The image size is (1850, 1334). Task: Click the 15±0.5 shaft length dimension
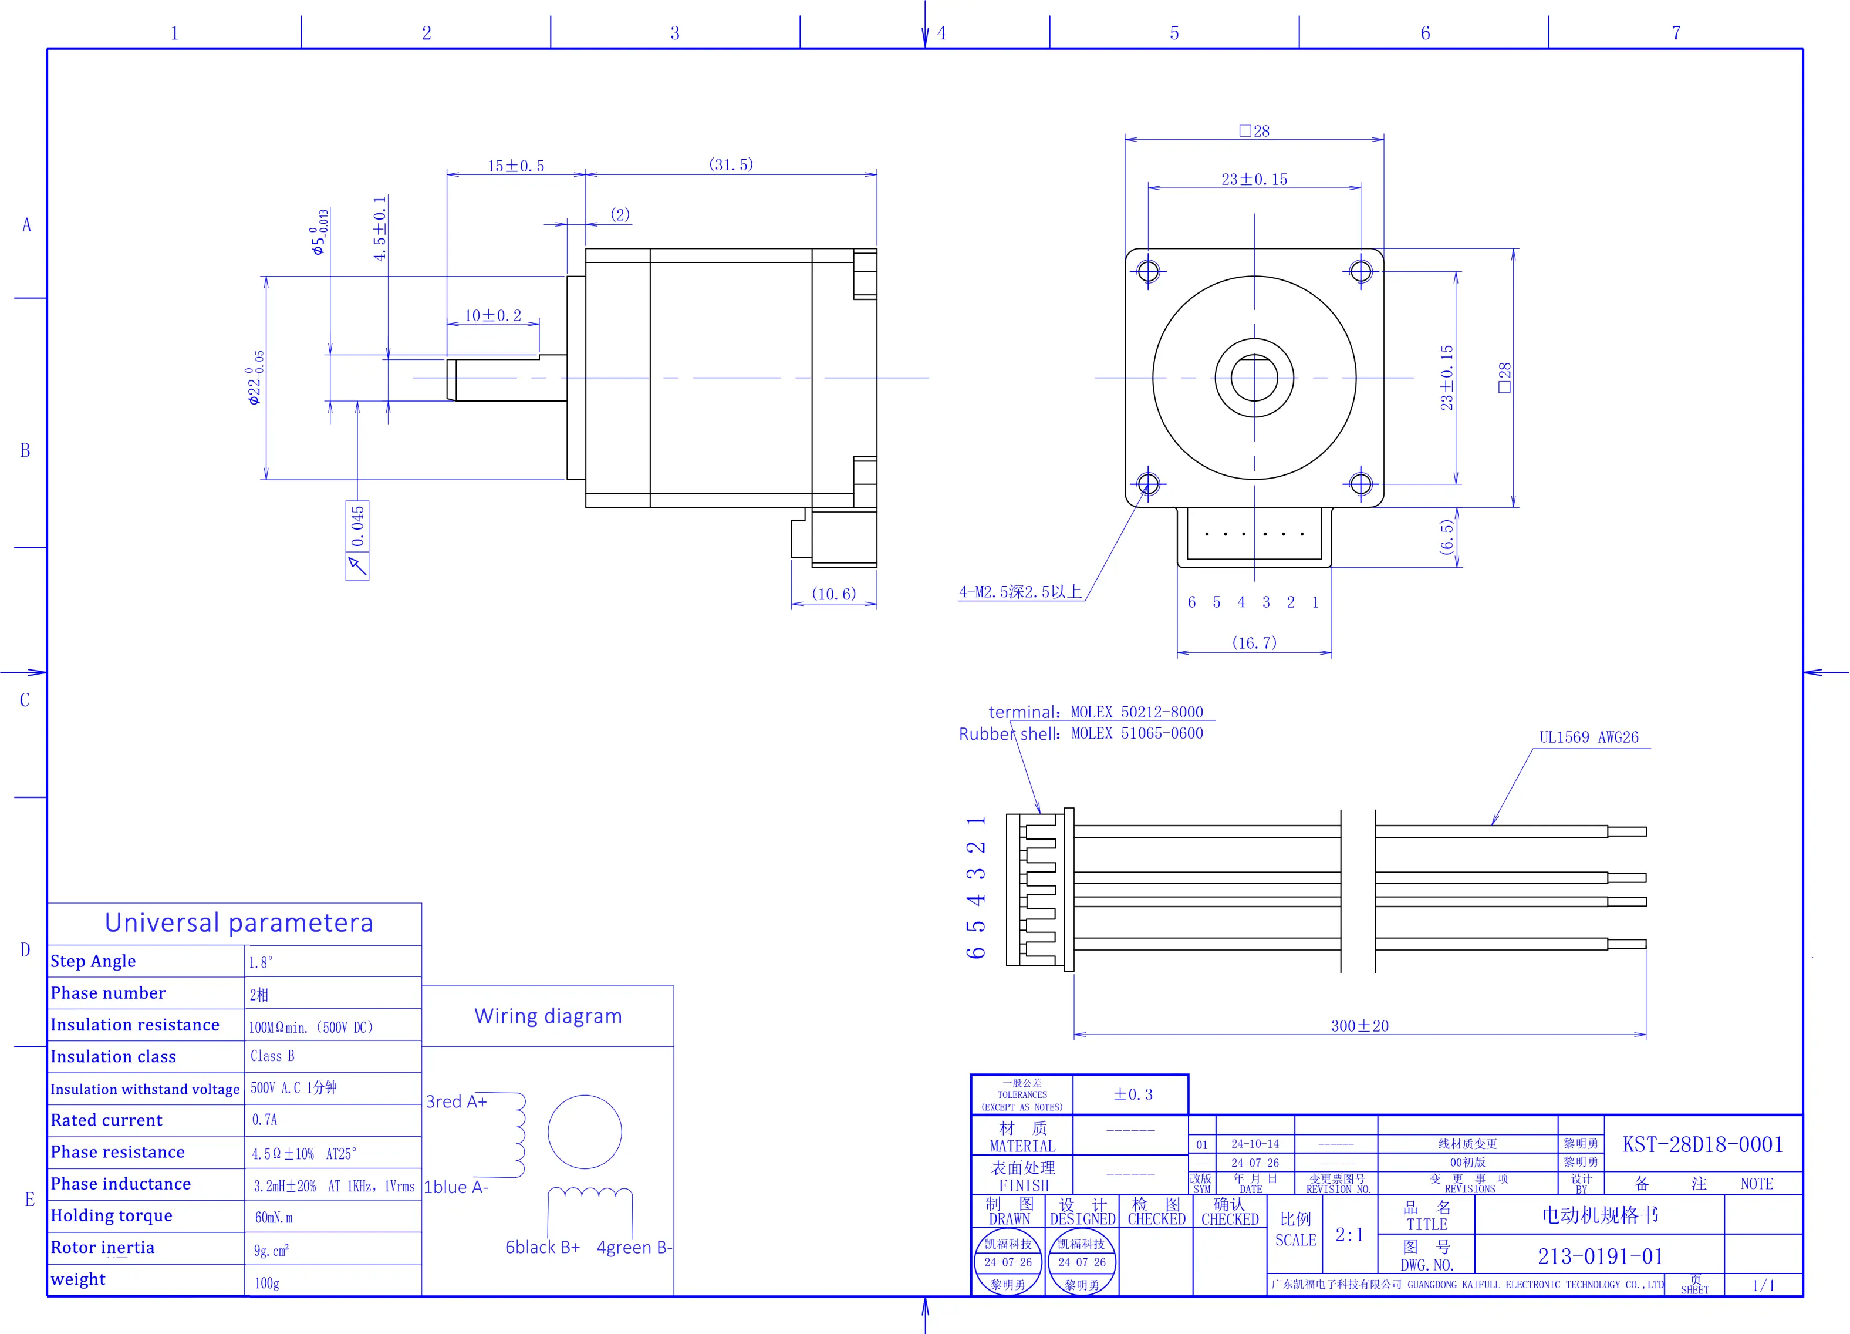(x=515, y=166)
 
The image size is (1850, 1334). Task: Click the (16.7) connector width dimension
(x=1254, y=643)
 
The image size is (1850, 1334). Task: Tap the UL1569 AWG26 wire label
(x=1588, y=737)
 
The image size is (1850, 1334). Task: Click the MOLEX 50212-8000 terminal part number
(x=1136, y=712)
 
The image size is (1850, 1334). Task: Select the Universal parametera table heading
(x=239, y=923)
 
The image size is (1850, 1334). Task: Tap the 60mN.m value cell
(x=274, y=1217)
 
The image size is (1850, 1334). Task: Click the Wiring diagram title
(x=548, y=1016)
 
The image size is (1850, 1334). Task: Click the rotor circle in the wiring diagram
(x=585, y=1131)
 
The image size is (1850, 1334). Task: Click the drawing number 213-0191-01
(x=1599, y=1256)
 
